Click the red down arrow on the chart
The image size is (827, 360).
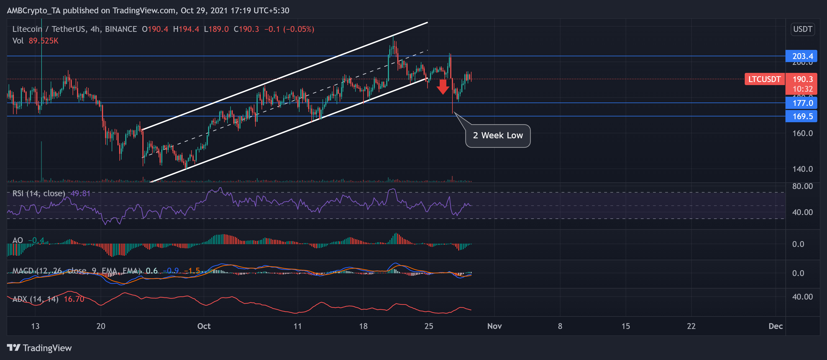point(443,87)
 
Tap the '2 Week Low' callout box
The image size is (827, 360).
point(498,136)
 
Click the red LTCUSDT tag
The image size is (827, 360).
point(764,79)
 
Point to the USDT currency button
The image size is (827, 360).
point(802,29)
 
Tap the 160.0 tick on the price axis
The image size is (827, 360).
point(802,133)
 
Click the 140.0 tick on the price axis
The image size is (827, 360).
point(802,169)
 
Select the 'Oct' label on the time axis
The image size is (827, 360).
point(204,326)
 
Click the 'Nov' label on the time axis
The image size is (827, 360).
point(495,326)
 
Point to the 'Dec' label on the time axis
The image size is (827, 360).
point(775,326)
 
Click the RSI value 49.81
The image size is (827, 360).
point(80,193)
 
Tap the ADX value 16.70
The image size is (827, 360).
point(74,299)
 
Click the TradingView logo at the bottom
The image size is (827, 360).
point(39,348)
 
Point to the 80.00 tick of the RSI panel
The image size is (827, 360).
point(802,186)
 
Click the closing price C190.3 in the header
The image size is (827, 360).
point(246,29)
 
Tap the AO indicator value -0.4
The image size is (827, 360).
point(36,240)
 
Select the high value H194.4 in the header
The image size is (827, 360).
point(186,29)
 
